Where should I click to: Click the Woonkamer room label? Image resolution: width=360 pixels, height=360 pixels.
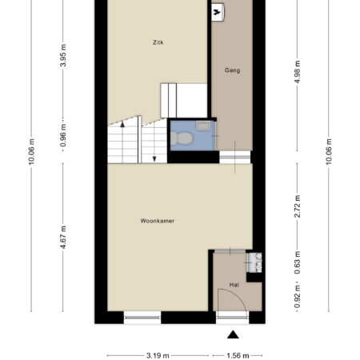(x=158, y=221)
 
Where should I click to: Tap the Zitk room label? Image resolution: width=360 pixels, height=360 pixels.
(x=158, y=42)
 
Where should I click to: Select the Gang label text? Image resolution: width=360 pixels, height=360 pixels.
(x=232, y=70)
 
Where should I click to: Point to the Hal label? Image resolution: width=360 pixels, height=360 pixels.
(x=234, y=285)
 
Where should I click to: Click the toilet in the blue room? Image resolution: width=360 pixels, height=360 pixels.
(x=182, y=138)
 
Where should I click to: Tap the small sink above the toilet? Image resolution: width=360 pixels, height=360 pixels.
(x=203, y=126)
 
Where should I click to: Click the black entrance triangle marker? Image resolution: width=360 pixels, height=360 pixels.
(x=233, y=334)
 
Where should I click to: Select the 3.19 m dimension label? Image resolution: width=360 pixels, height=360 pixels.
(x=158, y=355)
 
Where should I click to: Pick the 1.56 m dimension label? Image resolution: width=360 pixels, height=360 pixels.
(x=238, y=355)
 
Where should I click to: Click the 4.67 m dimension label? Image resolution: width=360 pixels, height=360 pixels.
(x=63, y=237)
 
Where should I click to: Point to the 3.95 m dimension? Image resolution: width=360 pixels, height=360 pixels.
(x=63, y=55)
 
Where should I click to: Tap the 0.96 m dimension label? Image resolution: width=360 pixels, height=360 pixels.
(x=63, y=135)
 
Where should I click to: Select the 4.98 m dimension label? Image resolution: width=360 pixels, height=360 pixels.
(x=298, y=72)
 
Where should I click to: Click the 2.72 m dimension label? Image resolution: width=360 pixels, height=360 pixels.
(x=298, y=206)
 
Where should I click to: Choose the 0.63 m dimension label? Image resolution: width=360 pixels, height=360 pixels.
(x=298, y=262)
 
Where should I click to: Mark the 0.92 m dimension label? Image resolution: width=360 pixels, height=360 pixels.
(x=298, y=296)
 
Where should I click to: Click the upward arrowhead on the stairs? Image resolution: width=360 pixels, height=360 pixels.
(x=122, y=124)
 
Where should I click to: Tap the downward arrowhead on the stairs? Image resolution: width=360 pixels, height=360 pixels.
(x=154, y=159)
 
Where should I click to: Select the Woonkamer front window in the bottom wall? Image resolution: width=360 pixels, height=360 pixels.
(x=142, y=318)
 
